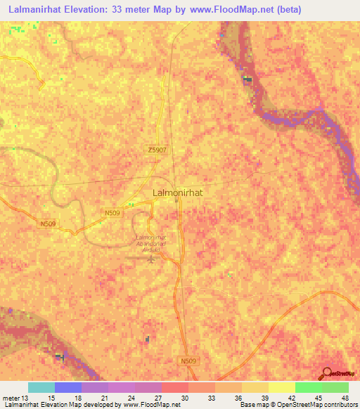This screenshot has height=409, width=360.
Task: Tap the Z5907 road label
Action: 157,150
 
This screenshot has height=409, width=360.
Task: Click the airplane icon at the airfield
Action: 152,259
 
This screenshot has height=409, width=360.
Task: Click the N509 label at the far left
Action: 48,223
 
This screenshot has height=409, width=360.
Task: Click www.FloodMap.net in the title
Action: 222,10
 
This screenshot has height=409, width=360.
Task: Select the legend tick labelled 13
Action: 25,397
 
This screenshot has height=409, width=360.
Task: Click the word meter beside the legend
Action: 11,397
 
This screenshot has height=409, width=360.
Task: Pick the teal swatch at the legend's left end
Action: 41,387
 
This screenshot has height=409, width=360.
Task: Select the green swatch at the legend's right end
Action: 335,387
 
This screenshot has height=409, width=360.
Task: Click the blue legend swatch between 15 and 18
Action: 67,387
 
